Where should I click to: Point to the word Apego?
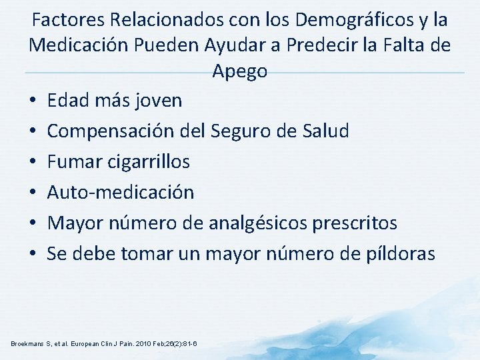click(240, 71)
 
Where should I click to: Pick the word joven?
click(157, 101)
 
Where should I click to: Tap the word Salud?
click(325, 131)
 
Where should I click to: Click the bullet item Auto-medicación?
click(121, 193)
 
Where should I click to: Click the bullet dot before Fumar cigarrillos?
click(33, 162)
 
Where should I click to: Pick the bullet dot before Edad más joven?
click(33, 101)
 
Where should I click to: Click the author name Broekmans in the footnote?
click(29, 343)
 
